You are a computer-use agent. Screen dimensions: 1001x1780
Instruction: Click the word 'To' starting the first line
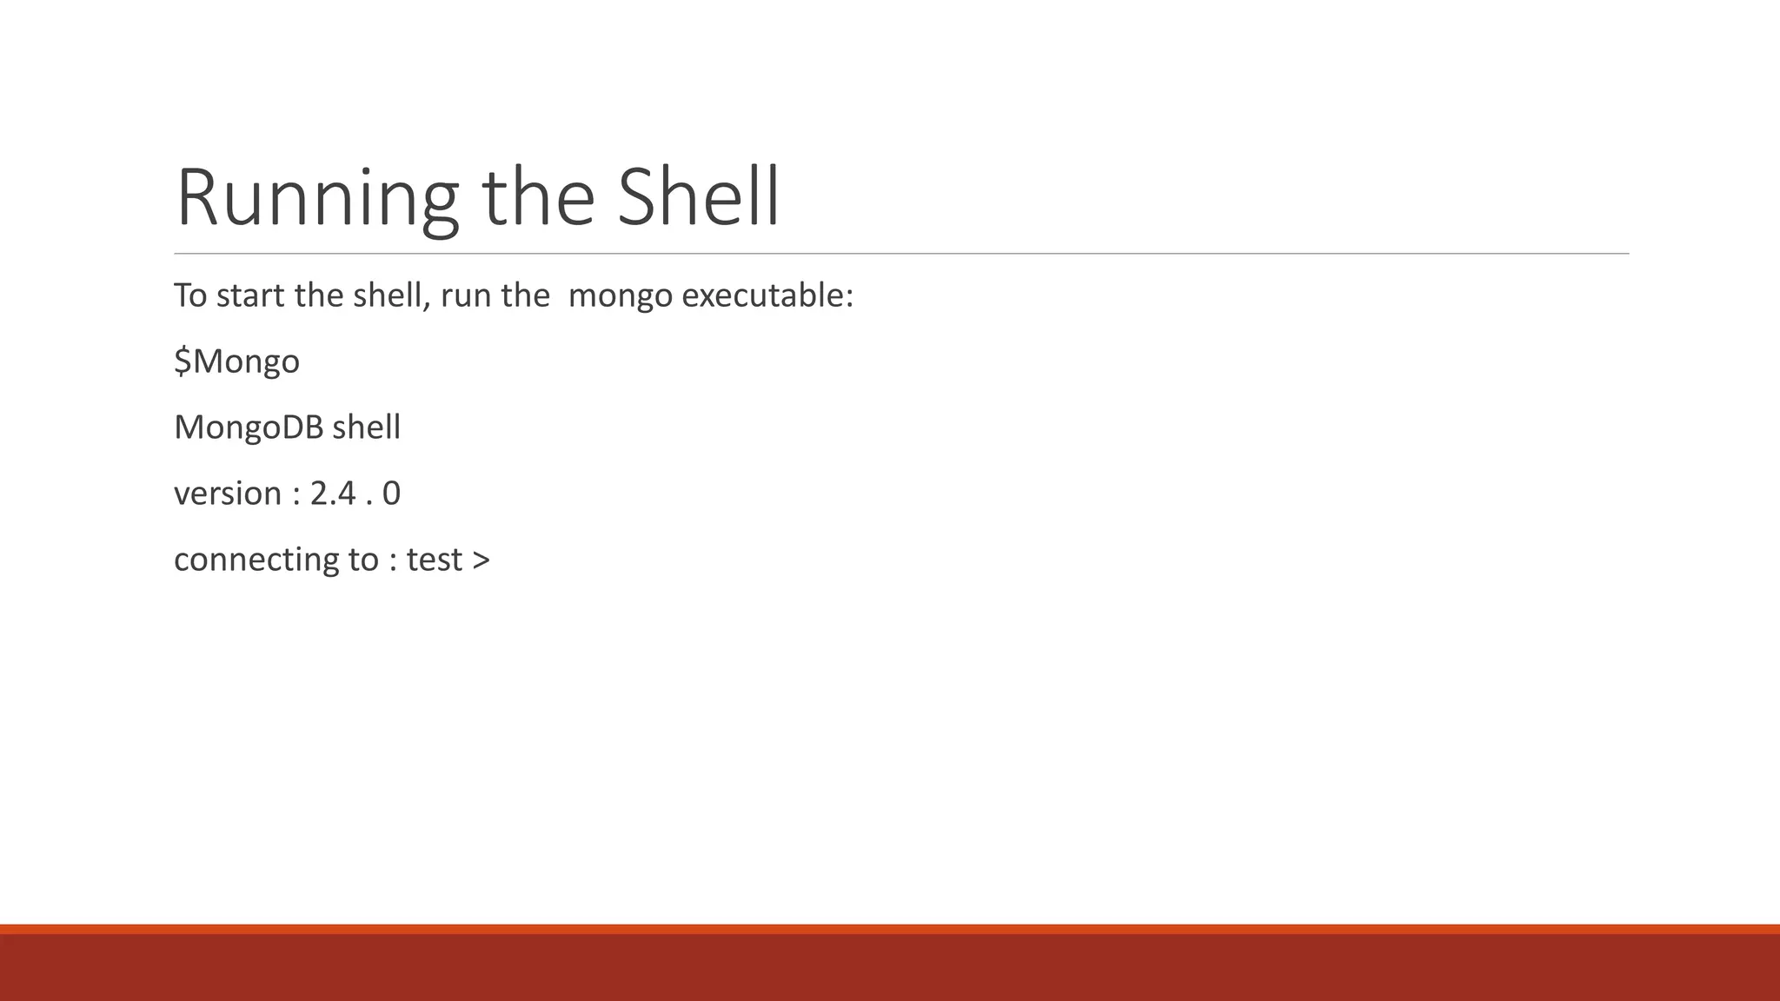pos(190,295)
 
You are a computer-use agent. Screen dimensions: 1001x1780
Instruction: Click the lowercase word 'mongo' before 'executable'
pos(620,296)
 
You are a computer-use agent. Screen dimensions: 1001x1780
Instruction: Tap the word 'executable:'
pos(767,295)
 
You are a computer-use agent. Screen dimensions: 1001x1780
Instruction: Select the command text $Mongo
pos(236,361)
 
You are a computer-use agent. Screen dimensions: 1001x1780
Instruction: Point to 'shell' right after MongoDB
pos(366,428)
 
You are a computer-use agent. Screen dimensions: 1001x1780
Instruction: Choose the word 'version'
pos(228,494)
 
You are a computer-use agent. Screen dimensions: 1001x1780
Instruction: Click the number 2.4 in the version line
pos(333,494)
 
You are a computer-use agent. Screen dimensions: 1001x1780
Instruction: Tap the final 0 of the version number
pos(391,494)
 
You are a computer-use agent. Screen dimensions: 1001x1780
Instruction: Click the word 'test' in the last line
pos(434,560)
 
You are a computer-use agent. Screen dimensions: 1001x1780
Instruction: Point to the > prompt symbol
pos(482,560)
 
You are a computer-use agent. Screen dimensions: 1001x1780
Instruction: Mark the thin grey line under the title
pos(901,254)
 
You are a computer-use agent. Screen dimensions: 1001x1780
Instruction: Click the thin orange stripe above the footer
pos(890,929)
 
